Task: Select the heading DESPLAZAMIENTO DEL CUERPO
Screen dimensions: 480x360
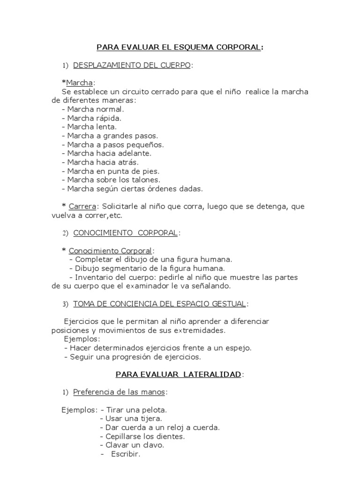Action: click(x=132, y=65)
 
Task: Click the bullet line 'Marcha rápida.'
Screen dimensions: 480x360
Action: click(x=91, y=118)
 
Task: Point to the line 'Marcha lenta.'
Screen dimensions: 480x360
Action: click(x=89, y=127)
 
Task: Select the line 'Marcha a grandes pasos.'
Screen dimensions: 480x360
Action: click(x=106, y=135)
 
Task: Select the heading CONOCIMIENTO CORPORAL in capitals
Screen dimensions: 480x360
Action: click(x=126, y=233)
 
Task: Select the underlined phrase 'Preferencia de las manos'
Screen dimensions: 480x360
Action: click(x=120, y=392)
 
